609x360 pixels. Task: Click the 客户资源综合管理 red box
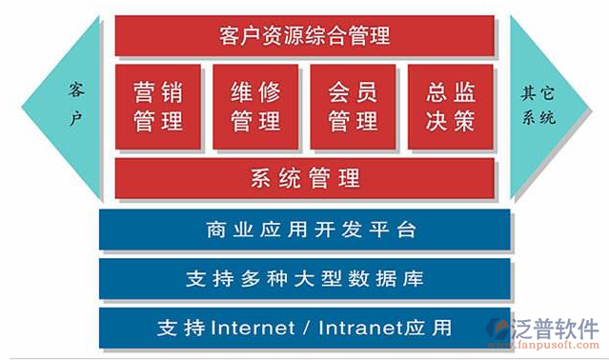tap(304, 37)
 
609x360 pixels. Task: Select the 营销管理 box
tap(158, 107)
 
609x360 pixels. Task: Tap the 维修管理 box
tap(255, 107)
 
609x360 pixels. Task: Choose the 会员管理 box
tap(353, 107)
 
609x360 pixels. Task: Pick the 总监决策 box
tap(450, 107)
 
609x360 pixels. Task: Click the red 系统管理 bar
tap(304, 178)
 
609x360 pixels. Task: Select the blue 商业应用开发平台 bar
tap(304, 230)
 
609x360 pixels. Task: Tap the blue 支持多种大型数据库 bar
tap(304, 280)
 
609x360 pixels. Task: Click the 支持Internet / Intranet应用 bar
tap(304, 329)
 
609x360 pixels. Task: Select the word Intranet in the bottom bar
tap(363, 330)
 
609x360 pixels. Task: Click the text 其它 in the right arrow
tap(538, 93)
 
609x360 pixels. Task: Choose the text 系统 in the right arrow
tap(538, 119)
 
